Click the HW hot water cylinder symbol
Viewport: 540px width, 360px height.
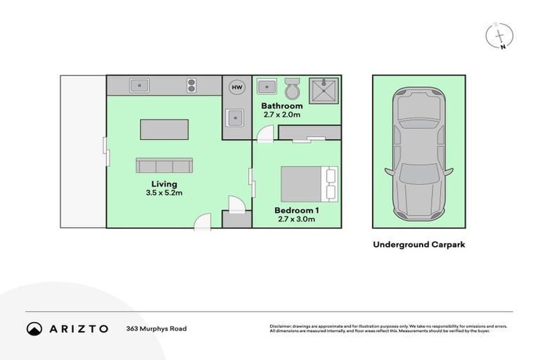coord(236,87)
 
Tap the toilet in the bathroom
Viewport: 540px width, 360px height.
coord(292,89)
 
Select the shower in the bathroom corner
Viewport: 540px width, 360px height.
coord(323,89)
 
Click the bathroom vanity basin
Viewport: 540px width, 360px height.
coord(266,87)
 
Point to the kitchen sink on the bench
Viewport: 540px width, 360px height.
coord(139,86)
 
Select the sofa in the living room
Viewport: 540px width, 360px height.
coord(165,166)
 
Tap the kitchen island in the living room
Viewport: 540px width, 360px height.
coord(165,130)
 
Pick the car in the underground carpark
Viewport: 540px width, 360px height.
coord(417,151)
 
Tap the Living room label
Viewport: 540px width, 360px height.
coord(164,184)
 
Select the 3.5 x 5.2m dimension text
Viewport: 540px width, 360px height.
coord(164,193)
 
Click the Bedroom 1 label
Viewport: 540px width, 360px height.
coord(296,210)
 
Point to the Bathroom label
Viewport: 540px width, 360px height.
coord(282,106)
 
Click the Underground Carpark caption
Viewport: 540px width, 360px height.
coord(419,245)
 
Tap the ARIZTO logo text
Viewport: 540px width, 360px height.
coord(78,328)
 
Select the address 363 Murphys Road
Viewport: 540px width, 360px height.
coord(157,328)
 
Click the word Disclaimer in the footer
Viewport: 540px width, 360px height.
coord(283,326)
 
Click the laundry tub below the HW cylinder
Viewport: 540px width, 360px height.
coord(234,117)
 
